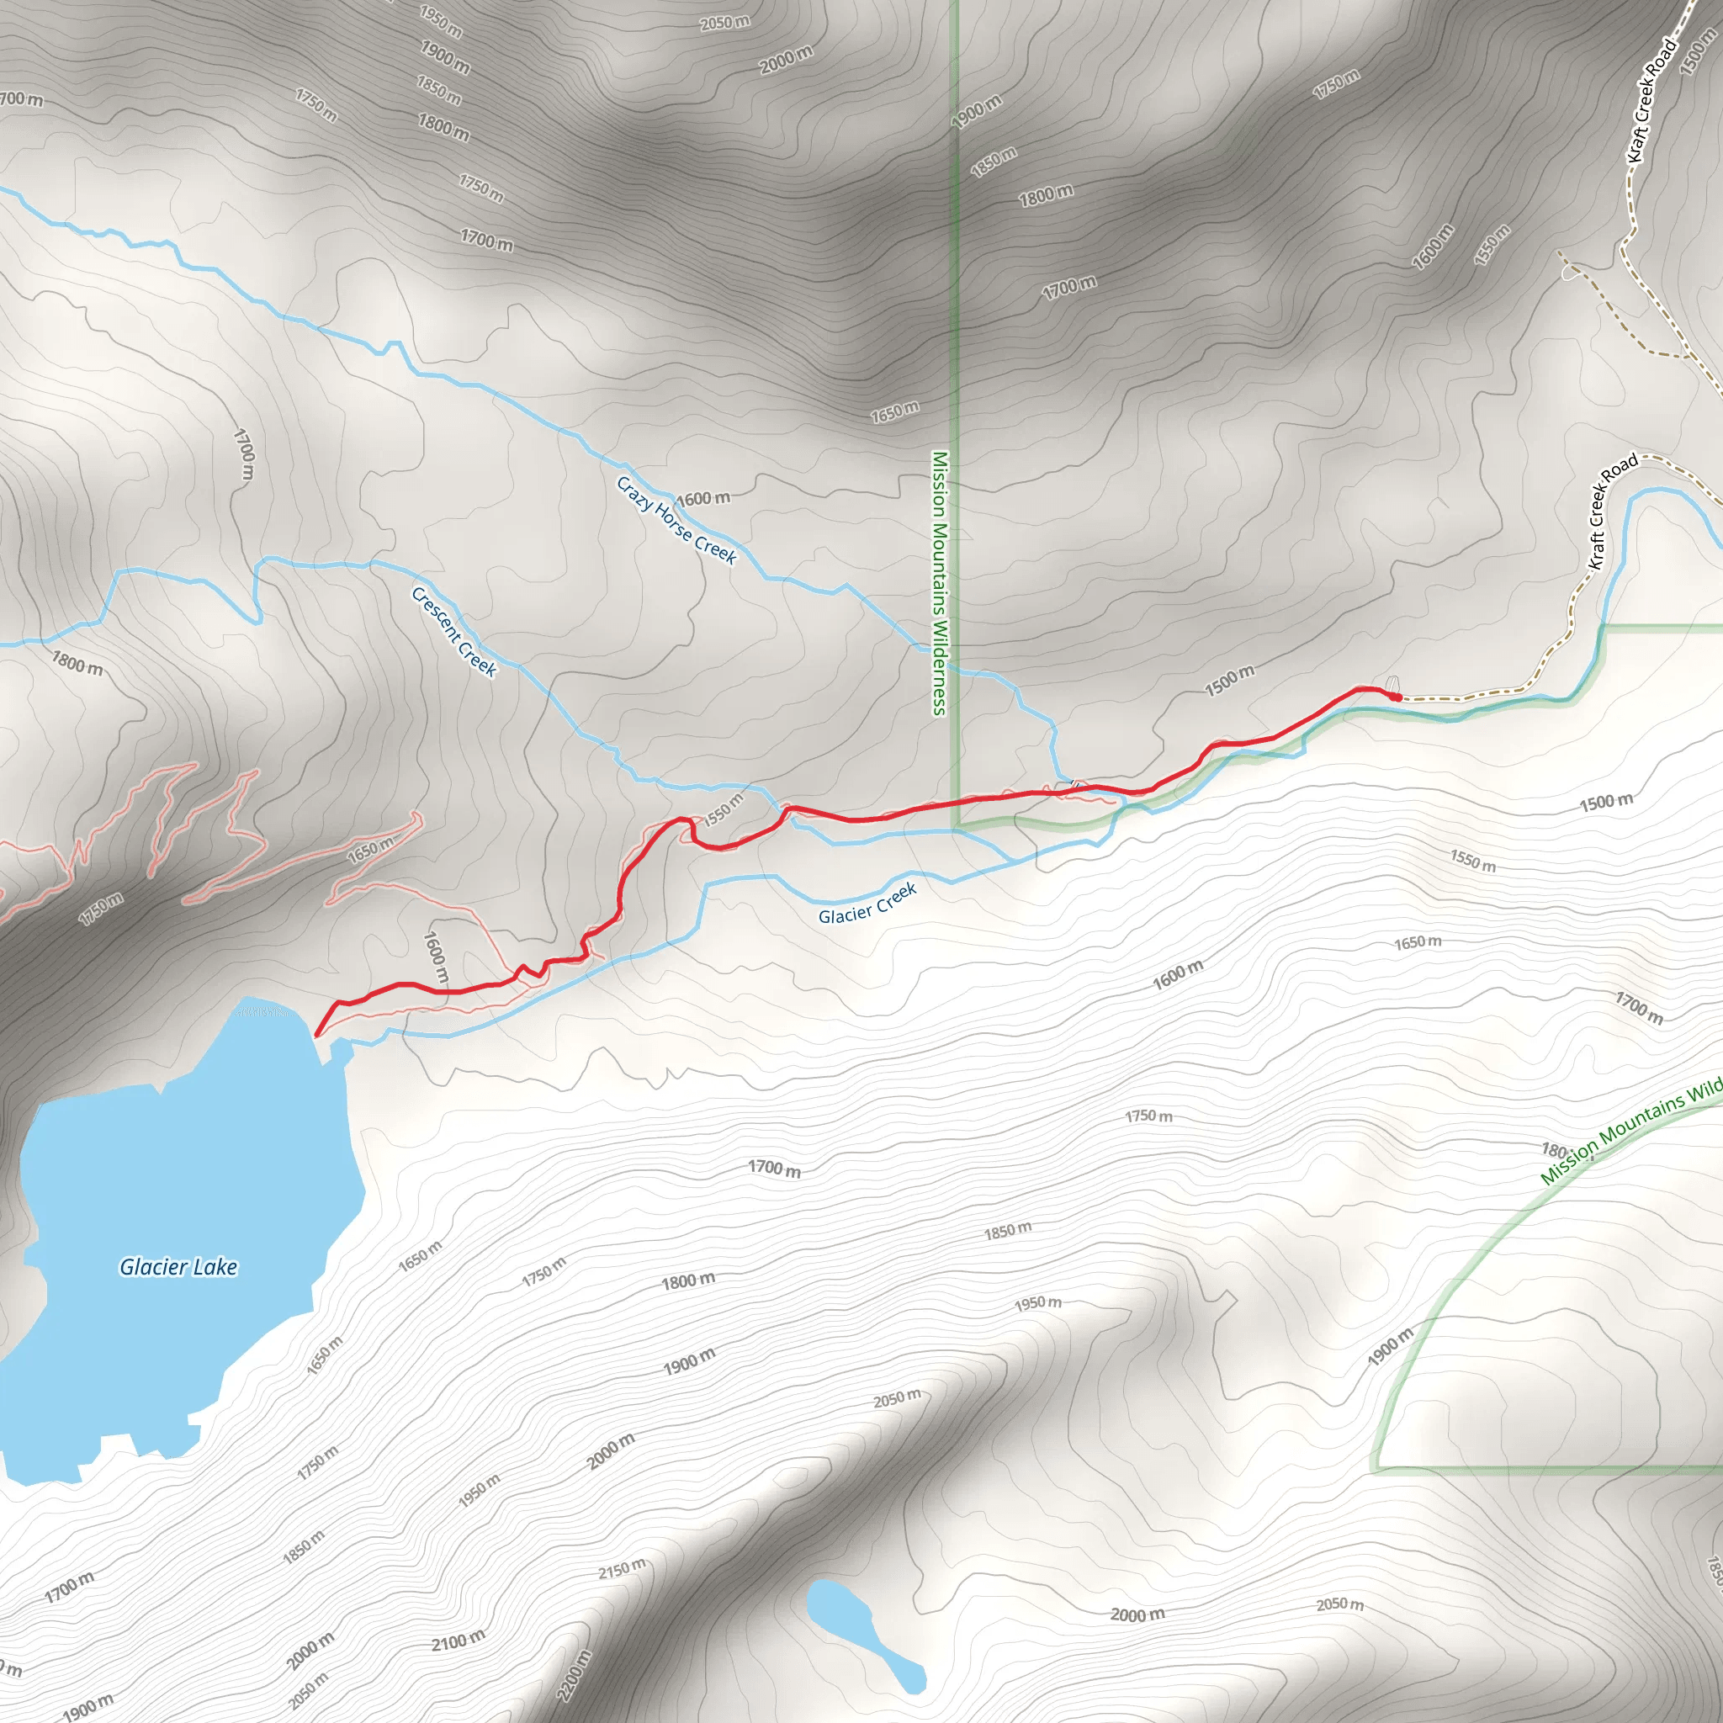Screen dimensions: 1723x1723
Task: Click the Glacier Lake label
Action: [178, 1267]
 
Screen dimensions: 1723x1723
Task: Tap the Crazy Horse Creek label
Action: [677, 521]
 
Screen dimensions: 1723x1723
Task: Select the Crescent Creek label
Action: [454, 632]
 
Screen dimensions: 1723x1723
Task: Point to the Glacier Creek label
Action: [867, 904]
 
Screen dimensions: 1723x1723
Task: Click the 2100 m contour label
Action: [459, 1640]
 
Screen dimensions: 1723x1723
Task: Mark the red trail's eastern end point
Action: [1397, 697]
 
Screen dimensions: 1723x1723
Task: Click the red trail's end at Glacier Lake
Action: [316, 1035]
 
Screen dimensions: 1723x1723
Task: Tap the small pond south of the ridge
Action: [862, 1636]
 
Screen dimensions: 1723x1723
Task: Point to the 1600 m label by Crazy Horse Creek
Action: [702, 498]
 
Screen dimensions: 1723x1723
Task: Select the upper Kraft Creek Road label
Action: [1651, 101]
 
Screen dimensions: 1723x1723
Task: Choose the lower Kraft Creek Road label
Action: [1613, 511]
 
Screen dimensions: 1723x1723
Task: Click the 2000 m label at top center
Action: [786, 60]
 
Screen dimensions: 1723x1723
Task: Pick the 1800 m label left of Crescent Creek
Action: [77, 663]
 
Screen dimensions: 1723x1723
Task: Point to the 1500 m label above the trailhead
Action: [1230, 680]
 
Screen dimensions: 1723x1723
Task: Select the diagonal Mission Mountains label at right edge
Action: [1630, 1134]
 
